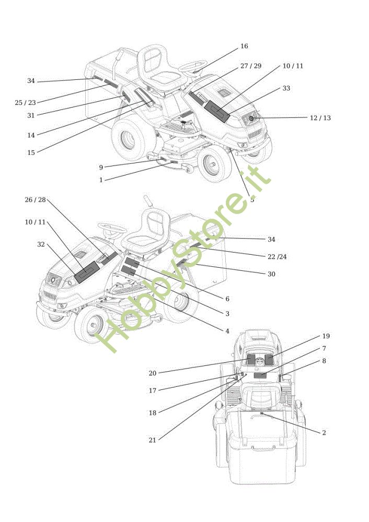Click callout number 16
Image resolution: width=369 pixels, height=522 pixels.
[x=244, y=46]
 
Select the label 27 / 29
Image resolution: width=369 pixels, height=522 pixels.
[x=250, y=66]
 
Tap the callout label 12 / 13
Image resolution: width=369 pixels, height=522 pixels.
[x=320, y=118]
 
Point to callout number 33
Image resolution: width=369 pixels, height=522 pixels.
[x=286, y=88]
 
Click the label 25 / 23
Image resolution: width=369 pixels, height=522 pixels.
[x=25, y=103]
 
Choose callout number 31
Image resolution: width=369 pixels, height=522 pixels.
[x=30, y=115]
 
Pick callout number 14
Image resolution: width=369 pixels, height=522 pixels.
[x=31, y=135]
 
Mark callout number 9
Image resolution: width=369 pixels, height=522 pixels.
[x=101, y=167]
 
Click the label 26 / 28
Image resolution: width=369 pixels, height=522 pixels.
[x=35, y=199]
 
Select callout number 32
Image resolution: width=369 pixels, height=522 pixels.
[x=41, y=244]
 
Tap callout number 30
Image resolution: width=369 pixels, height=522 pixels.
[x=271, y=274]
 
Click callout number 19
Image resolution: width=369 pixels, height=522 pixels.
[x=326, y=336]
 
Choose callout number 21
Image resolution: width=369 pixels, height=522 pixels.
[x=152, y=440]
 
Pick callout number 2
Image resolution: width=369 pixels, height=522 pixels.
[x=324, y=433]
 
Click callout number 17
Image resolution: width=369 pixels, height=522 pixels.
[x=152, y=390]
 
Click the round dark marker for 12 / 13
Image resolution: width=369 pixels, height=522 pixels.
[x=251, y=119]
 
